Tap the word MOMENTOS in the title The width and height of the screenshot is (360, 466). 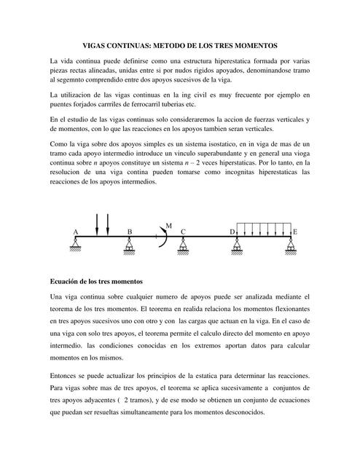pyautogui.click(x=275, y=44)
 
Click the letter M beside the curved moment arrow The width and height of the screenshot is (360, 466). pyautogui.click(x=168, y=226)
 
